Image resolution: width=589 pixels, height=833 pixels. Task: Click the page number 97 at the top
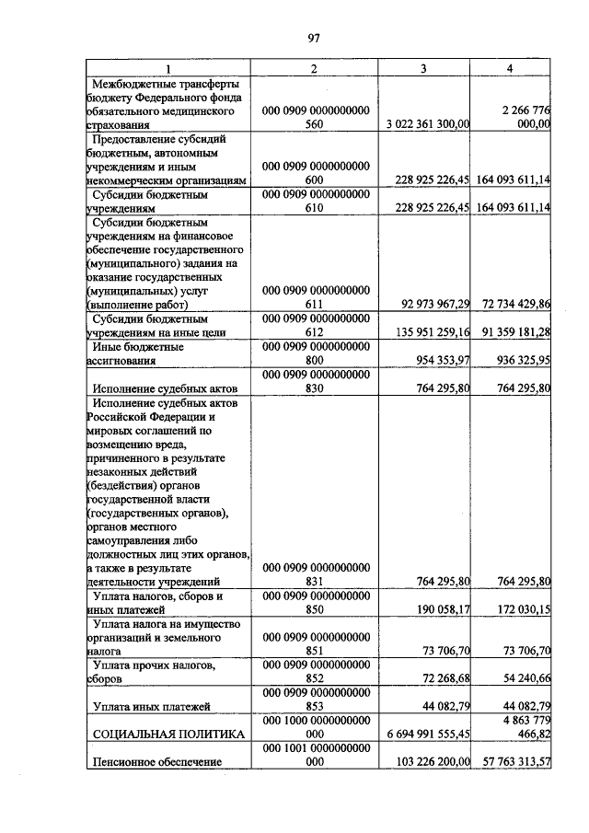pyautogui.click(x=313, y=38)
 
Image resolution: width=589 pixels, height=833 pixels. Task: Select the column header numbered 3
pyautogui.click(x=423, y=68)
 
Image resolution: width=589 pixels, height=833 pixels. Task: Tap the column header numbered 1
pyautogui.click(x=167, y=68)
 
